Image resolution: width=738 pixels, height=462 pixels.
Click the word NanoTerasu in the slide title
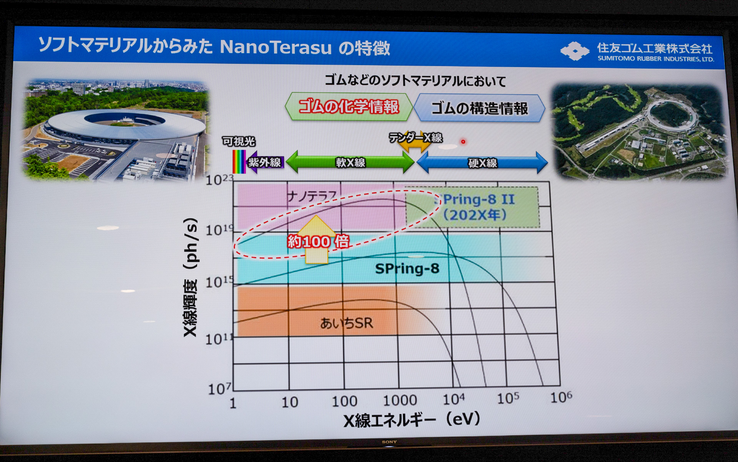pyautogui.click(x=275, y=47)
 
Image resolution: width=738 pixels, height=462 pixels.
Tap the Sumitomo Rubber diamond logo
pyautogui.click(x=574, y=51)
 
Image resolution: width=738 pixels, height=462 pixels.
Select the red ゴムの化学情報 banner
pyautogui.click(x=349, y=107)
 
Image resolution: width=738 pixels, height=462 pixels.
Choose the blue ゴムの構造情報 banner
pyautogui.click(x=479, y=109)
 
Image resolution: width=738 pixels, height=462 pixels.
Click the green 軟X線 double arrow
pyautogui.click(x=350, y=162)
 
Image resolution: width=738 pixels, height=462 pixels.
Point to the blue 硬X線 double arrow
pyautogui.click(x=482, y=163)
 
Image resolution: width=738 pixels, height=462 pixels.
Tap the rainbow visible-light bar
pyautogui.click(x=239, y=162)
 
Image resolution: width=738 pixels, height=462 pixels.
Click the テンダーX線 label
pyautogui.click(x=416, y=137)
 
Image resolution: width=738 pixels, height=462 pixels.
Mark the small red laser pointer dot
pyautogui.click(x=463, y=142)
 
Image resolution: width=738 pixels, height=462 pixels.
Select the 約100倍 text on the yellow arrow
pyautogui.click(x=318, y=242)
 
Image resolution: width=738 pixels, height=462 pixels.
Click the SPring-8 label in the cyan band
pyautogui.click(x=407, y=268)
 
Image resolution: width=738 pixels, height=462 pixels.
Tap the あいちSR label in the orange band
pyautogui.click(x=346, y=323)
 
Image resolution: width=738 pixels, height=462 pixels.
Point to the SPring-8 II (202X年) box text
pyautogui.click(x=476, y=207)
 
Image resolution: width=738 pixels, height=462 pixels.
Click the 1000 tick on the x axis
pyautogui.click(x=400, y=401)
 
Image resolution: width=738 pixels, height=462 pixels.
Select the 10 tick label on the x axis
pyautogui.click(x=289, y=402)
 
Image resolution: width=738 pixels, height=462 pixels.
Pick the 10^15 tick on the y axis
pyautogui.click(x=219, y=282)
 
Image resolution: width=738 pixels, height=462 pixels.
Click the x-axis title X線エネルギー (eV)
pyautogui.click(x=412, y=420)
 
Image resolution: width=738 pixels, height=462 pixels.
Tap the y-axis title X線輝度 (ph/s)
pyautogui.click(x=191, y=277)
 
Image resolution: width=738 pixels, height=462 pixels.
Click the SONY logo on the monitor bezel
pyautogui.click(x=389, y=442)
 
